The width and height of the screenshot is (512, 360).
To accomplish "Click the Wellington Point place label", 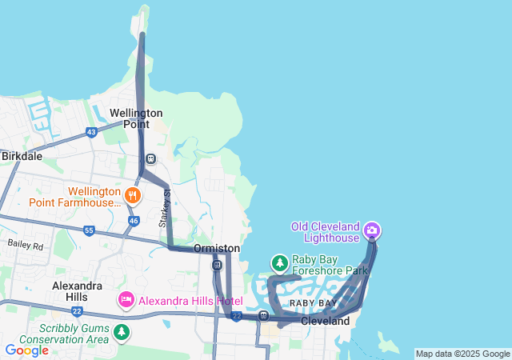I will point(136,118).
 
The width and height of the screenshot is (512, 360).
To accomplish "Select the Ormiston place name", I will point(217,249).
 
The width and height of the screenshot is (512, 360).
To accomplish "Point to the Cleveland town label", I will point(325,321).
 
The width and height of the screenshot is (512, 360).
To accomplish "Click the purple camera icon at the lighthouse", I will point(372,232).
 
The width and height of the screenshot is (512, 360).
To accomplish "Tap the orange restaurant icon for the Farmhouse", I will point(133,194).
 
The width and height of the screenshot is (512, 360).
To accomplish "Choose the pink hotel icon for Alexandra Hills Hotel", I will point(126,301).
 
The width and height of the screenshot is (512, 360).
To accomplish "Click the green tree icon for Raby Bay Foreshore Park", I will point(279,262).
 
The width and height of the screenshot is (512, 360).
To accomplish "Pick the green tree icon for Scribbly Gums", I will point(121,331).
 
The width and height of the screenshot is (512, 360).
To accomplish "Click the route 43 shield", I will point(91,132).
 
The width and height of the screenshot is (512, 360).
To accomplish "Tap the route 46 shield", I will point(134,220).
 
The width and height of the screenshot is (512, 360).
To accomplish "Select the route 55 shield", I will point(89,230).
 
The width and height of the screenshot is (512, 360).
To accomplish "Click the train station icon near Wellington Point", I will point(150,158).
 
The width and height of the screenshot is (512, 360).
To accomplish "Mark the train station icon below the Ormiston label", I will point(217,265).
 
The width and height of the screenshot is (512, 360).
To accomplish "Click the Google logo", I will point(26,350).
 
